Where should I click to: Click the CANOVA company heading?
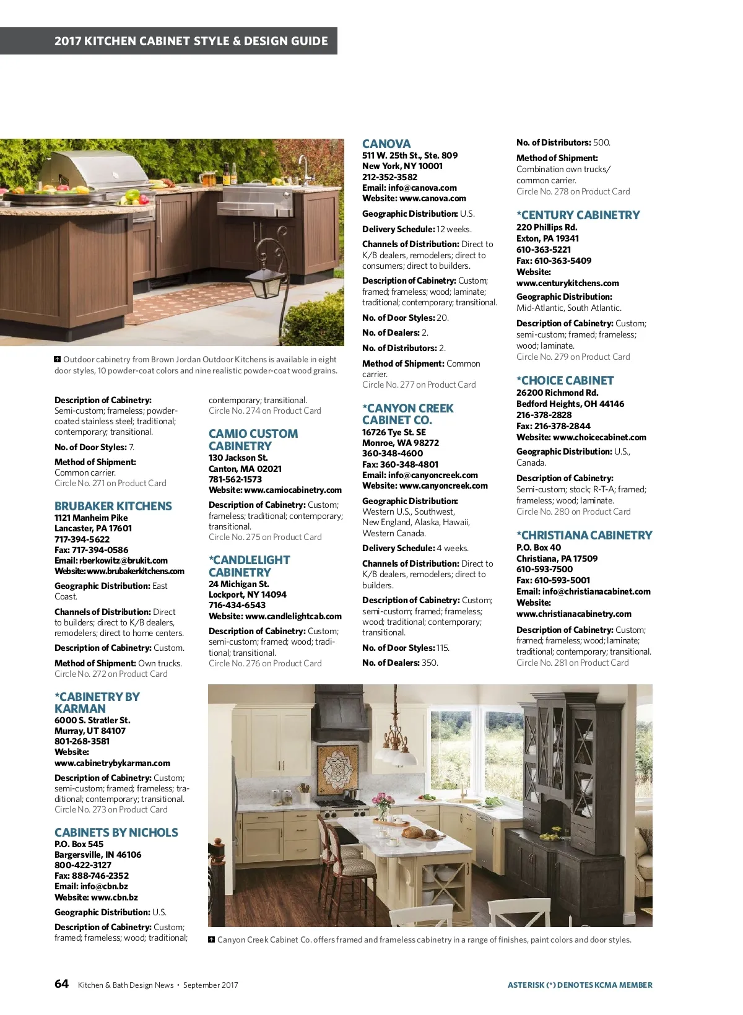tap(386, 144)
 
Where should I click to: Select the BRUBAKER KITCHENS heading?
tap(113, 506)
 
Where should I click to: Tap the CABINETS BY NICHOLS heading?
tap(116, 832)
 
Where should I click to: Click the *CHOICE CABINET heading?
tap(565, 380)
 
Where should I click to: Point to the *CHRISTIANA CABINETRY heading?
tap(584, 535)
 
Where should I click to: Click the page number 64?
tap(61, 984)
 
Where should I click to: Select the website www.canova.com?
tap(433, 198)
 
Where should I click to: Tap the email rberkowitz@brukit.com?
tap(123, 560)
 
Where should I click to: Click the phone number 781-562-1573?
tap(235, 479)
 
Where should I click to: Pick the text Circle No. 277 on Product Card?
tap(419, 385)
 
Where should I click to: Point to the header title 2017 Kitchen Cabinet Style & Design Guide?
tap(191, 41)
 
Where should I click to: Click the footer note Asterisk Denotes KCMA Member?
tap(580, 985)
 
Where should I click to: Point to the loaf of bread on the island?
tap(413, 832)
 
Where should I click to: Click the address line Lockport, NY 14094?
tap(248, 595)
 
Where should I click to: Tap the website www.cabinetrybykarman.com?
tap(112, 763)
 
